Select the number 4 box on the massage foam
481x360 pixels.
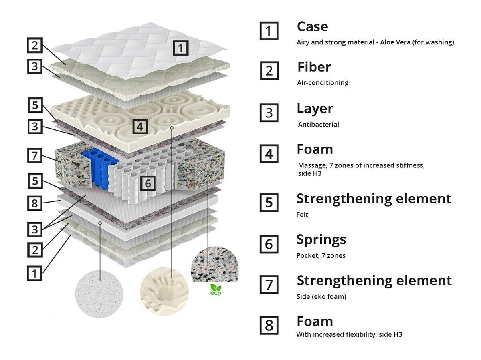coord(139,127)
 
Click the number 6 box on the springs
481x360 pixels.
coord(148,183)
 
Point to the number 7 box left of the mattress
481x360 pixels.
coord(35,155)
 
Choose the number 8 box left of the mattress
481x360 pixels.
coord(35,203)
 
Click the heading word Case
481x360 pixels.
coord(312,26)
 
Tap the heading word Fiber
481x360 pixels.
coord(314,67)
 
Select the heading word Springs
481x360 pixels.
coord(321,239)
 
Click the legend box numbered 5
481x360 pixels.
coord(269,203)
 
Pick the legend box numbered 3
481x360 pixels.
coord(269,113)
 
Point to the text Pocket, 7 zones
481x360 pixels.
coord(321,255)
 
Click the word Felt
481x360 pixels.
coord(302,215)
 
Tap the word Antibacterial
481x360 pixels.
coord(318,125)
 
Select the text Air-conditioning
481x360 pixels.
coord(322,83)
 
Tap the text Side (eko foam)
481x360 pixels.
coord(321,297)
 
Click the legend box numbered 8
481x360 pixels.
coord(269,325)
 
